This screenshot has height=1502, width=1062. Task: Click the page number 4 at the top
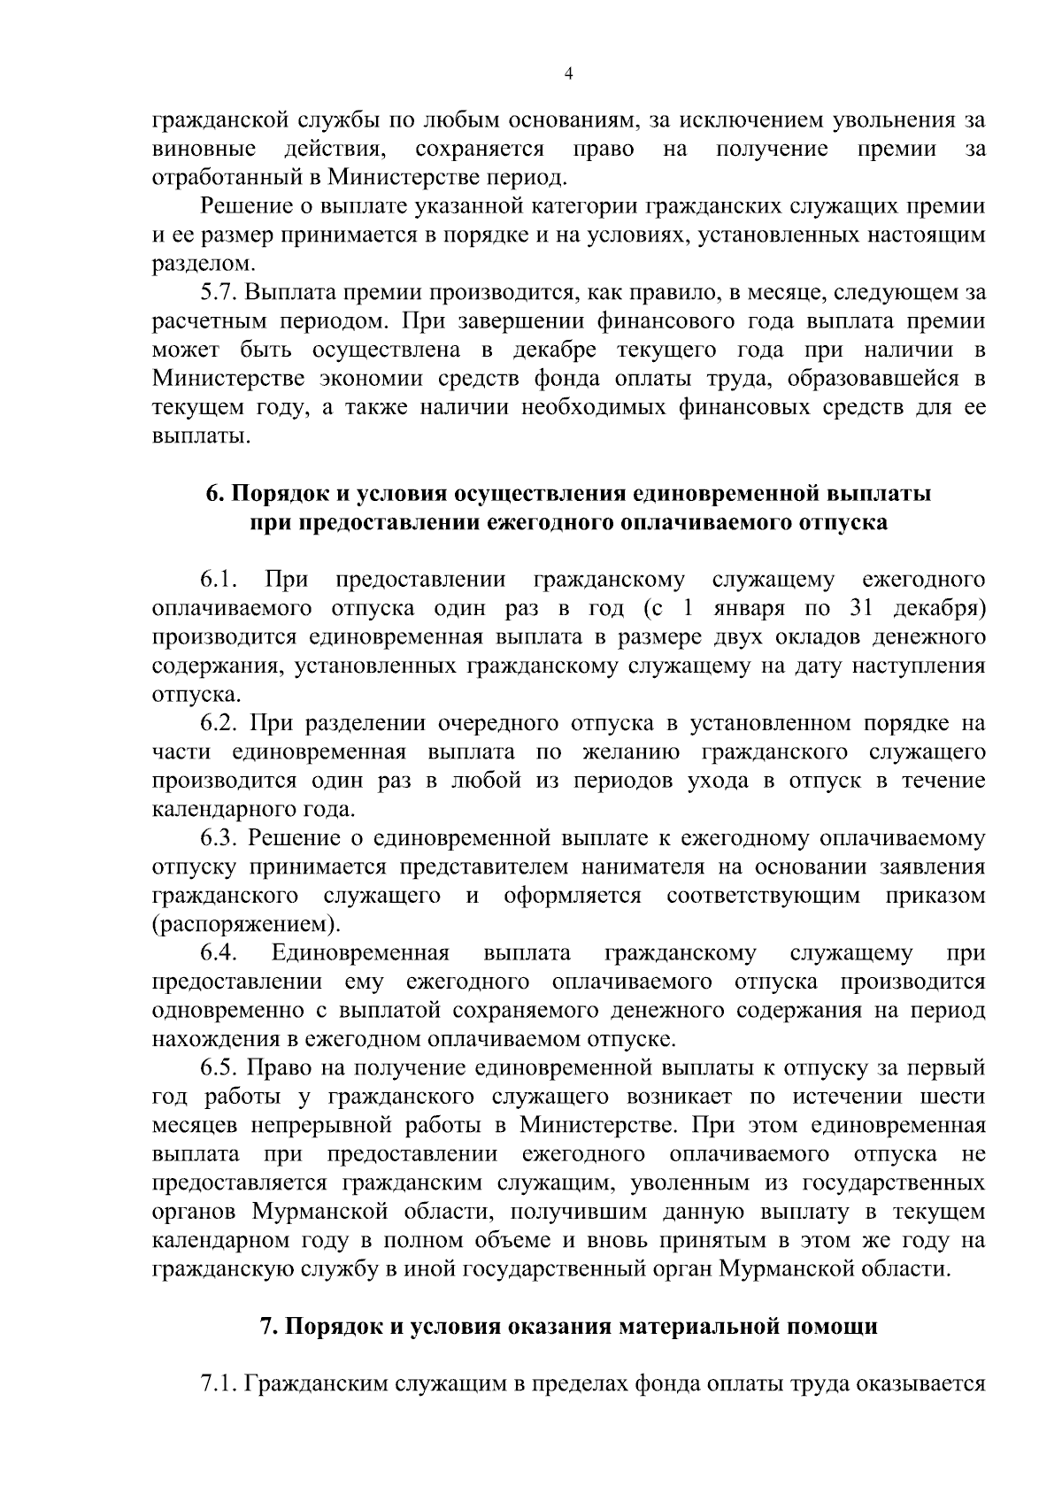pyautogui.click(x=569, y=75)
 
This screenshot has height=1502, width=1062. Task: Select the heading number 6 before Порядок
pyautogui.click(x=212, y=493)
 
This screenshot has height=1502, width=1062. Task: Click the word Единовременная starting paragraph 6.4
pyautogui.click(x=360, y=952)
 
